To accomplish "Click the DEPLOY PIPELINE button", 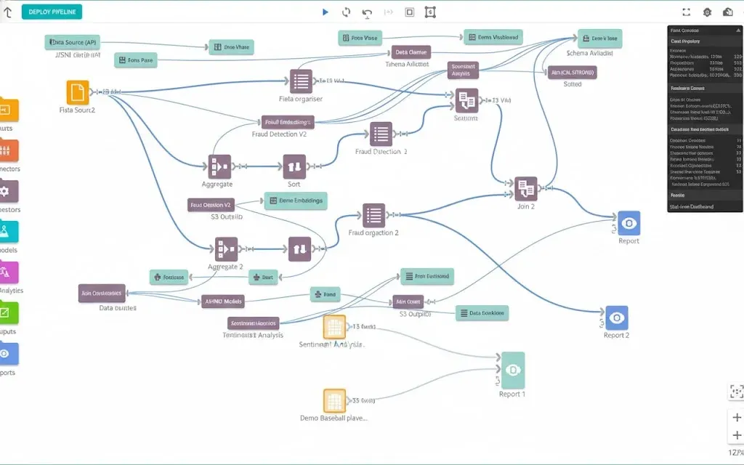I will [x=52, y=12].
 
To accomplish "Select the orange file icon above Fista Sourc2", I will [x=78, y=92].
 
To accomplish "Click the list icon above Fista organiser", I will [x=301, y=81].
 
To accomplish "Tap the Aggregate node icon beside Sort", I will [x=220, y=166].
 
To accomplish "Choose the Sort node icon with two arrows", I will [x=294, y=166].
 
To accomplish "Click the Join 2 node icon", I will [x=526, y=189].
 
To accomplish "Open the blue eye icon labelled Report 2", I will [x=617, y=318].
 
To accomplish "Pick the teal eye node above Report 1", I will [x=512, y=370].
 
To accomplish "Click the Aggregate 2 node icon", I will [x=225, y=249].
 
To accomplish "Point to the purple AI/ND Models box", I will [x=222, y=301].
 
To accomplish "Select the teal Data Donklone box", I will [x=482, y=312].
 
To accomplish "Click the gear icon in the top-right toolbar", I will [x=708, y=12].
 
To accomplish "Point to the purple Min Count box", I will [x=408, y=301].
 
